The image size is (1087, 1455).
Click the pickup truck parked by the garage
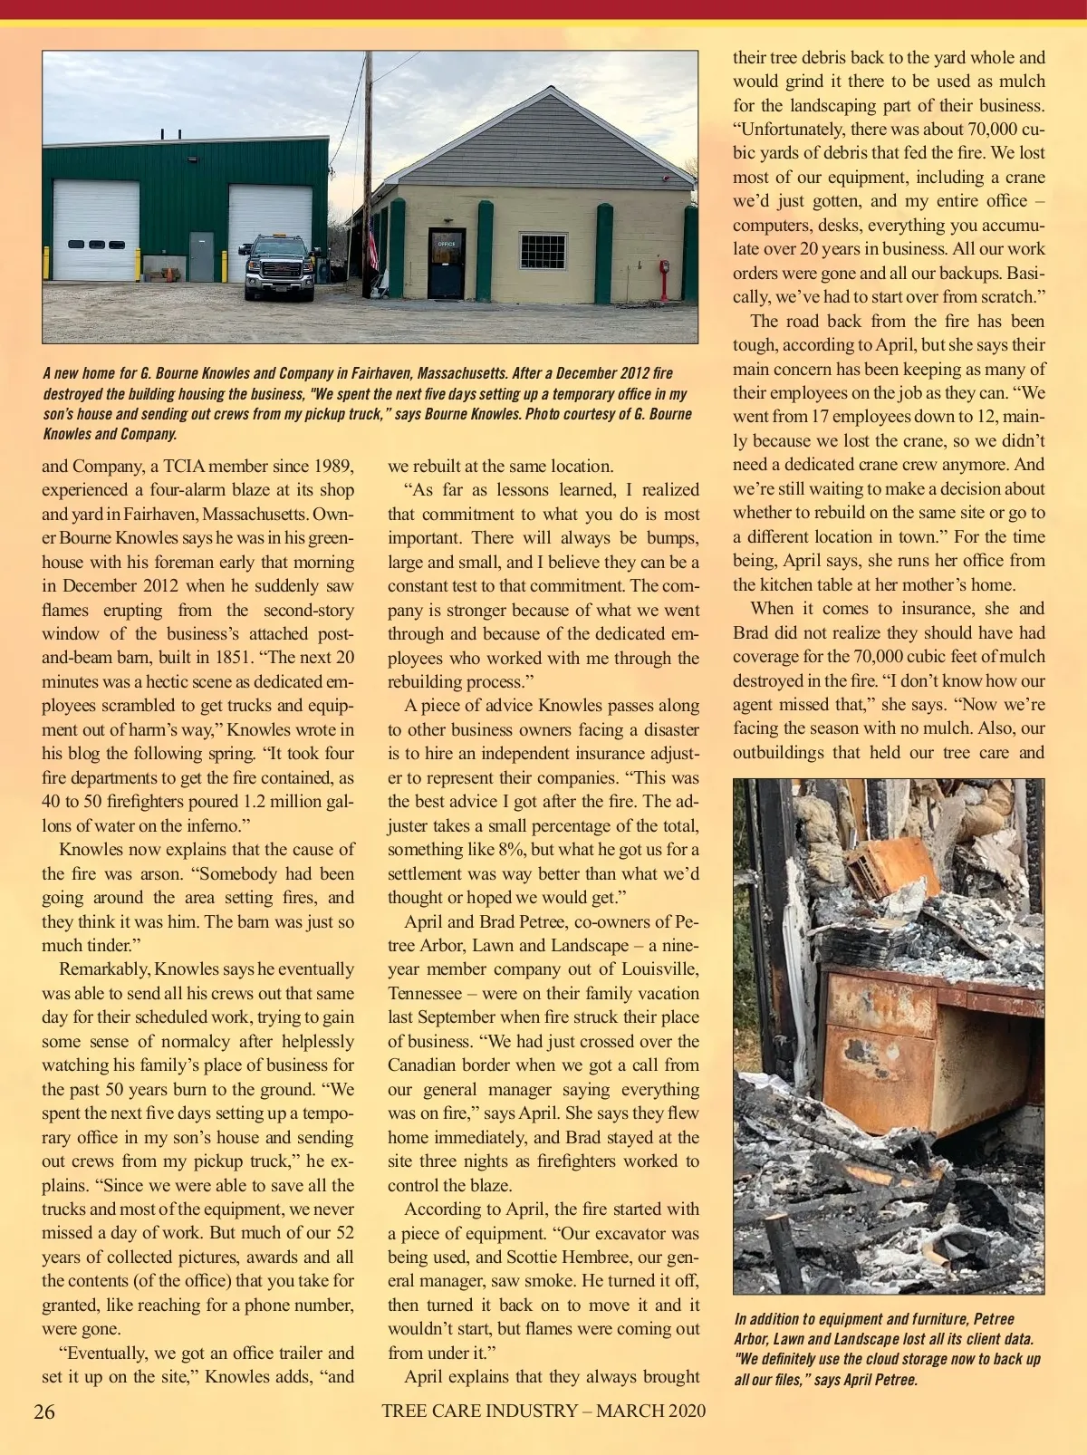(x=282, y=267)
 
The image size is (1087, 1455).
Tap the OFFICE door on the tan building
(x=446, y=264)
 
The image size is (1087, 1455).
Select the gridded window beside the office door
(x=543, y=251)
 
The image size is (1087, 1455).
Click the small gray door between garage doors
(x=201, y=256)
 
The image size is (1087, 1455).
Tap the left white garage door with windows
(x=95, y=231)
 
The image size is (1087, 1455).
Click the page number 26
(x=44, y=1412)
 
